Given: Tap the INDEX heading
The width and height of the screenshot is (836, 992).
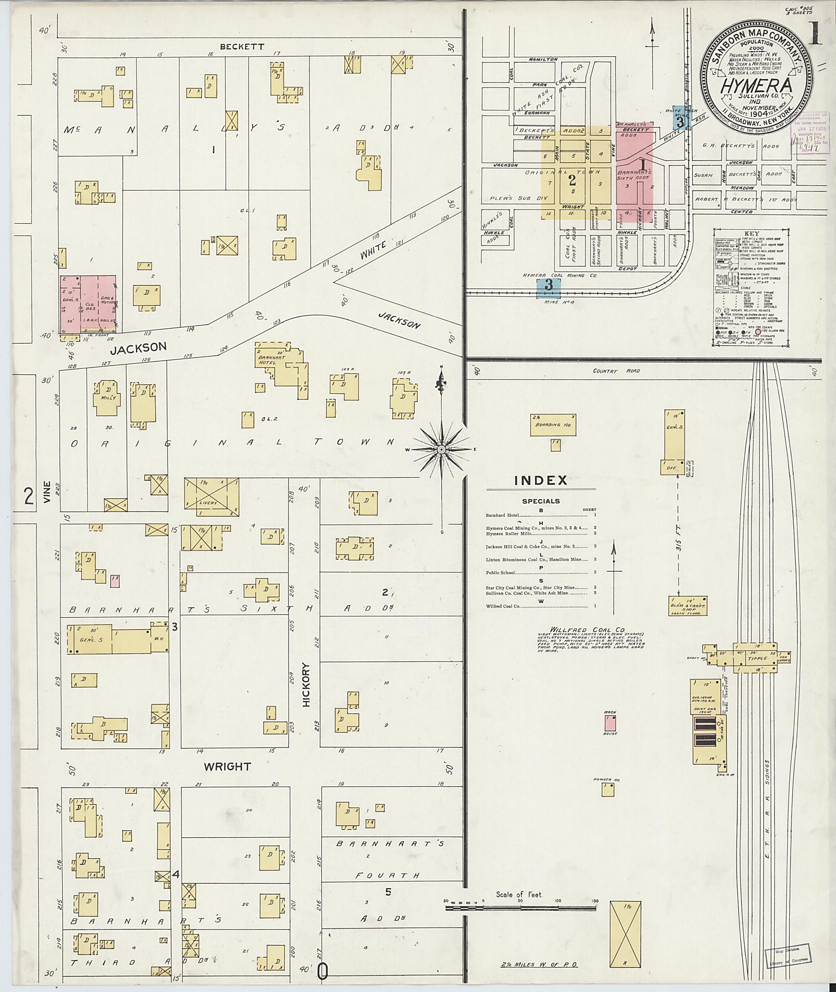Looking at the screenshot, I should [541, 480].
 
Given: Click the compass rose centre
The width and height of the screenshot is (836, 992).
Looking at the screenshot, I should [441, 449].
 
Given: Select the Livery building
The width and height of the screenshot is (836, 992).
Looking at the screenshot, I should [211, 497].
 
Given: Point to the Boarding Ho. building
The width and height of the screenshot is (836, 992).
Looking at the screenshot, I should [553, 425].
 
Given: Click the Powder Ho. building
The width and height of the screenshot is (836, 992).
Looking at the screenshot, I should [608, 789].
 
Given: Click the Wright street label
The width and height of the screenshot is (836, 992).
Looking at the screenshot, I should [227, 767].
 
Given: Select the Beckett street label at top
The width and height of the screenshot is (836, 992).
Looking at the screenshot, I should [242, 47].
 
